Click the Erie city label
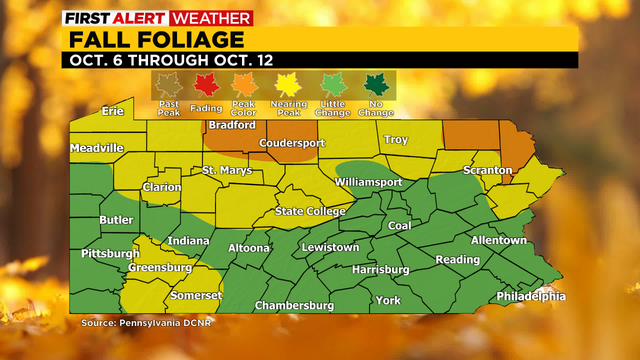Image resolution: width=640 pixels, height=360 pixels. coord(111,111)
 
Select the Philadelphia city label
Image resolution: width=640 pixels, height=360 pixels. coord(530,296)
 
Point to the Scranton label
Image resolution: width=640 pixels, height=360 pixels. coord(487,171)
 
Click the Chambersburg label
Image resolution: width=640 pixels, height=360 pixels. coord(293,304)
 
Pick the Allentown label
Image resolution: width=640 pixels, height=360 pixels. coord(498,240)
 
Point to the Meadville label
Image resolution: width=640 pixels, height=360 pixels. coord(96,148)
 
